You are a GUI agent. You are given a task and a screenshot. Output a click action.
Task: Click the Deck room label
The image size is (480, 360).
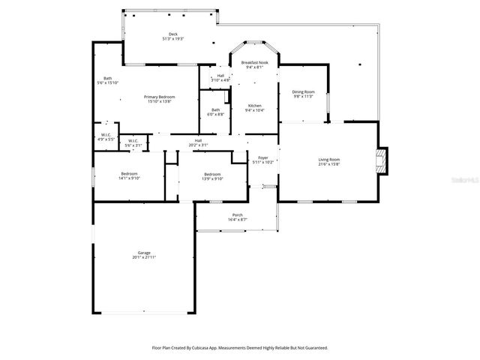[173, 34]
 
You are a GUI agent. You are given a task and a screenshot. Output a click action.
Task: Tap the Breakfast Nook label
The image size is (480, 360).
[254, 63]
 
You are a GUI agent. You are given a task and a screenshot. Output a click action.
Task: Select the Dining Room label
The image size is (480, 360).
[302, 91]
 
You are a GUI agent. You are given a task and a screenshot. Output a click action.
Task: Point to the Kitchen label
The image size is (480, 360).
[254, 106]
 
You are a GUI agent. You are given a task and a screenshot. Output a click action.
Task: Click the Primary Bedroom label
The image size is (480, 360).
[160, 97]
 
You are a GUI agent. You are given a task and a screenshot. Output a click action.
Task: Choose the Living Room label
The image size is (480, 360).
[329, 159]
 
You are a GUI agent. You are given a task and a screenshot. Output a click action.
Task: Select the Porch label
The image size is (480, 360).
[237, 215]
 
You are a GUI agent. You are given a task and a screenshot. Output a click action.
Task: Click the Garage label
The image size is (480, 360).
[143, 253]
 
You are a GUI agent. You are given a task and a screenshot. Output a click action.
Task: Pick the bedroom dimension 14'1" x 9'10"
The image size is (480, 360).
[129, 178]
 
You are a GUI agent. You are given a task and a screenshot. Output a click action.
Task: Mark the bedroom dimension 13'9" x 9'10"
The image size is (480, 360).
[212, 178]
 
